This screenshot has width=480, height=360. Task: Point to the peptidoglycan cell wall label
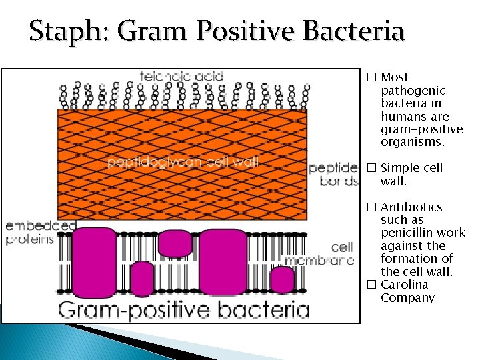coord(183,161)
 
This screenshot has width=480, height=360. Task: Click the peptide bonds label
coord(333,175)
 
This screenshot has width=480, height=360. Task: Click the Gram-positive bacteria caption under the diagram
coord(184,309)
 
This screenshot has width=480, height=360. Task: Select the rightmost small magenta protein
coord(283,280)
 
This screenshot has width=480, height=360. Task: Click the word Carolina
coord(403,285)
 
